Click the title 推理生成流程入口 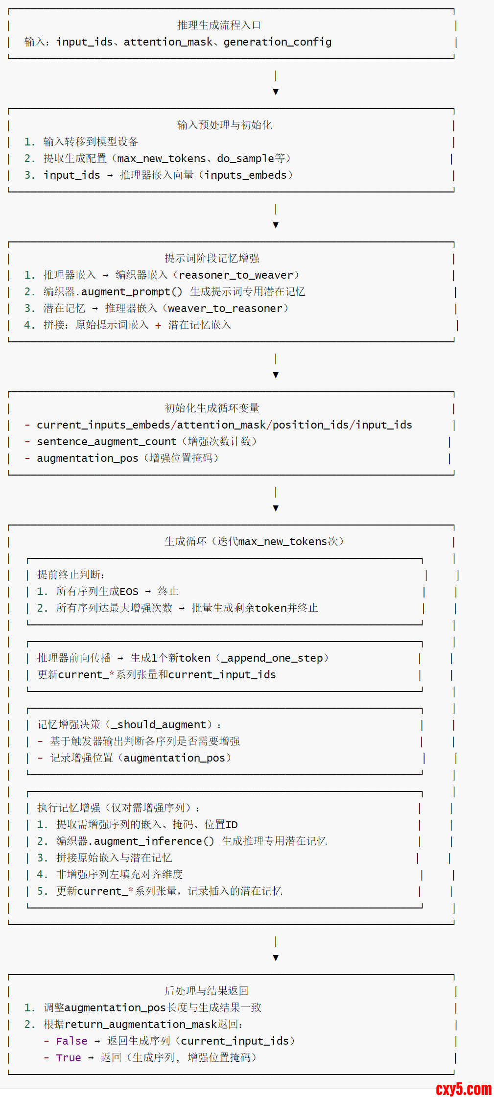click(x=219, y=25)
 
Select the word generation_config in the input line click(x=277, y=42)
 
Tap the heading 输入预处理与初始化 click(x=224, y=125)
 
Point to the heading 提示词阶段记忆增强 click(x=212, y=259)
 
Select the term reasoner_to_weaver click(x=236, y=275)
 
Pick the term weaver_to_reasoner click(x=225, y=309)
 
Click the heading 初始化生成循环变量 click(x=212, y=408)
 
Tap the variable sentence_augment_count click(x=106, y=442)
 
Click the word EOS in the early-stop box click(x=129, y=592)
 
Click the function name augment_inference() click(x=154, y=841)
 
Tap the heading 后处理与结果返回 click(x=206, y=991)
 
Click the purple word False click(x=71, y=1041)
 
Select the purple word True click(x=69, y=1058)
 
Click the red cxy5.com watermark click(x=463, y=1089)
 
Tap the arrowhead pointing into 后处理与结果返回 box click(x=276, y=958)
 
